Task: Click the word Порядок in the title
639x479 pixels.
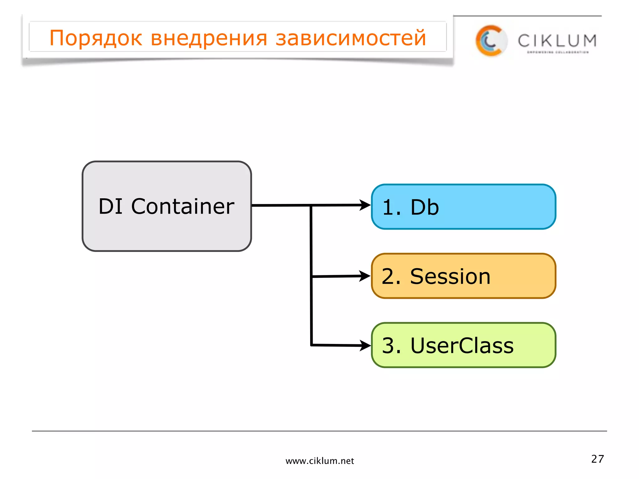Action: click(x=96, y=38)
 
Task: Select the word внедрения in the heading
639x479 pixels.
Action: click(x=209, y=38)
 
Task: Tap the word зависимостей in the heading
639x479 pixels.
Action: click(x=351, y=38)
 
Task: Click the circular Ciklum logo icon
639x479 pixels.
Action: click(x=491, y=41)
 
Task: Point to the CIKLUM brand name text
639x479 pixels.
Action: click(x=557, y=41)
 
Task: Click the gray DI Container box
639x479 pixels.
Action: click(x=167, y=231)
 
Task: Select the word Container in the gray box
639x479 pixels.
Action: click(x=183, y=206)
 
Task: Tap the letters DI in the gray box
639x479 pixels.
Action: click(x=110, y=206)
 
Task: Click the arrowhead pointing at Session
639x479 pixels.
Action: click(x=365, y=276)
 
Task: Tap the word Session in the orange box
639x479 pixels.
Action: click(x=450, y=277)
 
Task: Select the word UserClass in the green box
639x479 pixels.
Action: click(x=462, y=346)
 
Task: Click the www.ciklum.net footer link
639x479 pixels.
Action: click(x=319, y=461)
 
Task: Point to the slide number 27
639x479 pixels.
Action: click(x=598, y=459)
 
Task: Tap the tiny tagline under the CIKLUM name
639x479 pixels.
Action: click(x=558, y=52)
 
